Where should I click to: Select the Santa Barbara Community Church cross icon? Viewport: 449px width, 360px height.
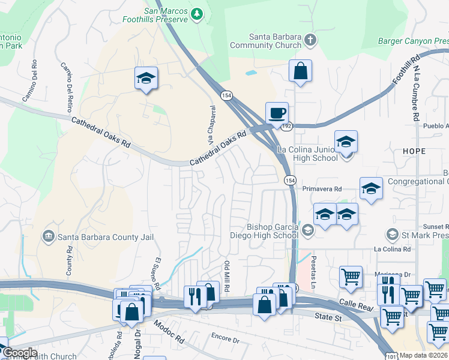tap(310, 41)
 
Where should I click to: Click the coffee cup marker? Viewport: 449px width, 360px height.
tap(277, 113)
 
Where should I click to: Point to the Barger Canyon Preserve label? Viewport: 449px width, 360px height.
tap(414, 41)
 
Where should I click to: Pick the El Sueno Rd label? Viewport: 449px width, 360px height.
tap(158, 274)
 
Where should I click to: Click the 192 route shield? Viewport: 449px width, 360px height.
tap(288, 127)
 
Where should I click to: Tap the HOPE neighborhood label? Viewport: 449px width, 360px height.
tap(414, 151)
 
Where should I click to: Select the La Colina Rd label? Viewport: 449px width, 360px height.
tap(392, 249)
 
